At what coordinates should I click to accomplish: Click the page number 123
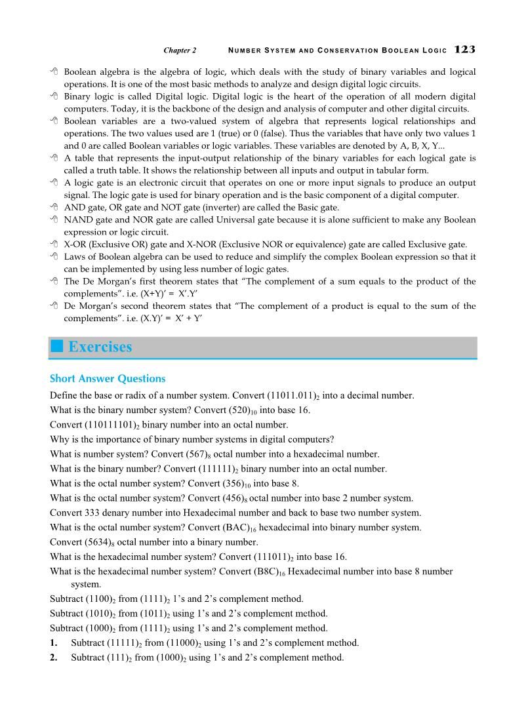point(464,50)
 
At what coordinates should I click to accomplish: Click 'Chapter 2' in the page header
point(180,50)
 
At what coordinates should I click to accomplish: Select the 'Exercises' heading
point(100,347)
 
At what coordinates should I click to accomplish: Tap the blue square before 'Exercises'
point(56,347)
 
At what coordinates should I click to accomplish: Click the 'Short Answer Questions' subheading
point(108,378)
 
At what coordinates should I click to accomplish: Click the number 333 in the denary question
point(91,513)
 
